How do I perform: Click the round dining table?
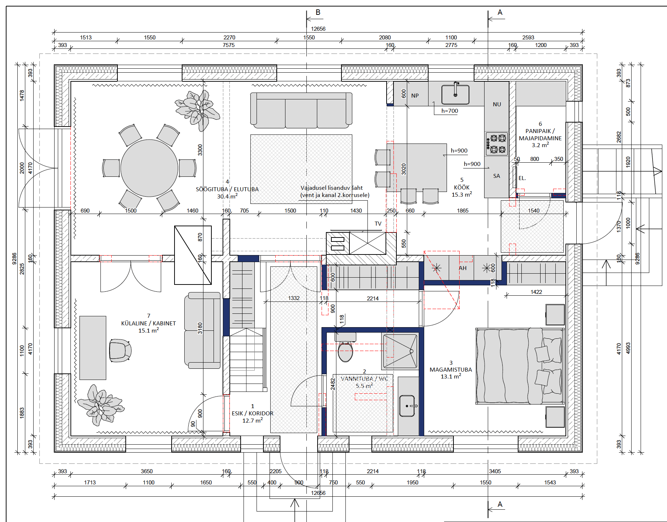coord(149,168)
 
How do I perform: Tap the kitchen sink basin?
coord(455,94)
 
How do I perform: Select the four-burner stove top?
coord(496,144)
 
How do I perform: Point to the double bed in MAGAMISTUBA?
coord(520,365)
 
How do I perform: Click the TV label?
coord(378,224)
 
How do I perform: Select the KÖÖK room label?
coord(462,187)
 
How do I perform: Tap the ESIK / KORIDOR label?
coord(253,413)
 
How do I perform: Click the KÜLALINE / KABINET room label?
coord(149,323)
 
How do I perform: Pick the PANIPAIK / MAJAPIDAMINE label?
coord(540,134)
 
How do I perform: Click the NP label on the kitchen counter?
coord(415,96)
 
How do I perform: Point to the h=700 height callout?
coord(449,111)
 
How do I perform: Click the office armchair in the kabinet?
coord(120,351)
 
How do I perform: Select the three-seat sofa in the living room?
coord(301,110)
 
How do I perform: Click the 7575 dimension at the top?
coord(228,45)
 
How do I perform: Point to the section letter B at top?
coord(318,12)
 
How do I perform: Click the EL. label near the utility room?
coord(522,178)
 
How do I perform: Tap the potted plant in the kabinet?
coord(100,405)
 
